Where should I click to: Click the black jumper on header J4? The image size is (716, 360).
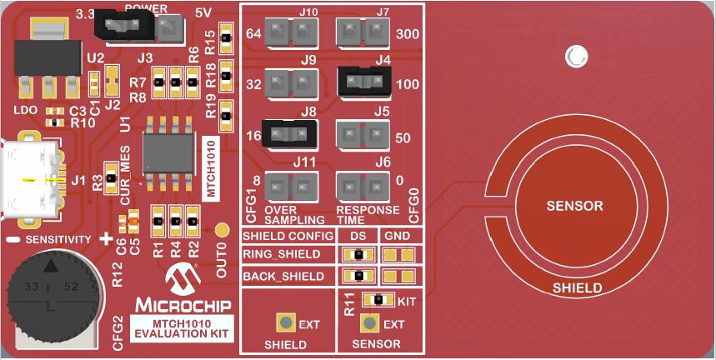364,82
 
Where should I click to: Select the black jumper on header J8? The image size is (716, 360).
289,133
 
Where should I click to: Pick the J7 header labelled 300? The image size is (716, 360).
363,32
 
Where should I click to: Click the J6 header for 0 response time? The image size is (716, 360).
363,187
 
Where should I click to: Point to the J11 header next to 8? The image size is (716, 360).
291,187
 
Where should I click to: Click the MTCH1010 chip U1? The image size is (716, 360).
168,152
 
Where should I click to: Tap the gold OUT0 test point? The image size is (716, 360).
222,230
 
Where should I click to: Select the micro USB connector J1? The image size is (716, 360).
31,179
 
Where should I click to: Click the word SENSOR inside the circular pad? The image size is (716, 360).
574,206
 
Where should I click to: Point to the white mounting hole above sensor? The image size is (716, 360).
576,56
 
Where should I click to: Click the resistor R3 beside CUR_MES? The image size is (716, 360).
111,177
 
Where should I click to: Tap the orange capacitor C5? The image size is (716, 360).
133,222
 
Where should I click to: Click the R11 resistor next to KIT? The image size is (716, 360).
378,300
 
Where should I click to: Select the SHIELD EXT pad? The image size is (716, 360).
286,323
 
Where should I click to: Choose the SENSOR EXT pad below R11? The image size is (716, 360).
369,323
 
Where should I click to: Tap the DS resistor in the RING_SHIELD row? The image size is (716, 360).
358,254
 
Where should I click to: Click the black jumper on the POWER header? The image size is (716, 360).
124,25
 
